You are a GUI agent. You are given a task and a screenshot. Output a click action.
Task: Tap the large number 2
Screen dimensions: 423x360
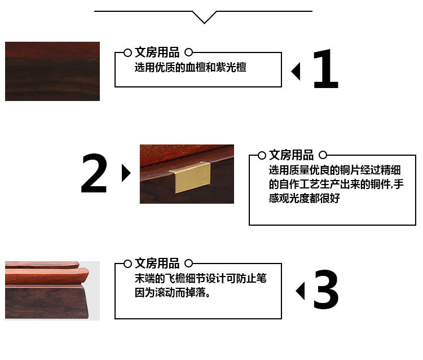(x=94, y=173)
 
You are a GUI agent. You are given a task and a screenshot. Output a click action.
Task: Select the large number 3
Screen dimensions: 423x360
(x=326, y=289)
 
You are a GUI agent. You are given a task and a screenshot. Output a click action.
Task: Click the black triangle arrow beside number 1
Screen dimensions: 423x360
(x=296, y=72)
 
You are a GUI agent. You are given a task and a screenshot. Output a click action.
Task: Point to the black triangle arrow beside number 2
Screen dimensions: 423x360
(x=126, y=173)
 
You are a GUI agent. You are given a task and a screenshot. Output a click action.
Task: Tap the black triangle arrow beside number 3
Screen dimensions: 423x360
(x=301, y=291)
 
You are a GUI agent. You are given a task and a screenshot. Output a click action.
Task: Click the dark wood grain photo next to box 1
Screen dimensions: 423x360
(x=52, y=71)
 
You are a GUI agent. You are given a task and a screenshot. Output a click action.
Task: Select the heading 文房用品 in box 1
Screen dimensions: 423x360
(x=157, y=52)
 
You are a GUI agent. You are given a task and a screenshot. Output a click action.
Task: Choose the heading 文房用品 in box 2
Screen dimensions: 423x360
(x=292, y=155)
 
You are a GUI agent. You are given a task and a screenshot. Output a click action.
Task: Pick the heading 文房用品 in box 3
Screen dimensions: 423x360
(x=157, y=264)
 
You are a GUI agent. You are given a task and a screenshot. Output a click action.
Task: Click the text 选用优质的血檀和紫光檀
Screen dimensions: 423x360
(x=191, y=67)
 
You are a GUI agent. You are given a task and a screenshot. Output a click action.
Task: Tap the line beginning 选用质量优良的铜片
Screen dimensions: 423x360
(x=335, y=170)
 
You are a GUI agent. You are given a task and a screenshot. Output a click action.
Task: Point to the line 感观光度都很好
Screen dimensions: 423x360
(x=305, y=199)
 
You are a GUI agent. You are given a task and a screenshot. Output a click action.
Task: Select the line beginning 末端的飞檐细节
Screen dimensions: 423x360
(x=201, y=278)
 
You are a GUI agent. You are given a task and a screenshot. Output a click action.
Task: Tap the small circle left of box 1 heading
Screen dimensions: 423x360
(x=127, y=52)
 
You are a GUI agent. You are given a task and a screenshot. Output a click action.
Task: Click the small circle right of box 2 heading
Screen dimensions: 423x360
(x=323, y=155)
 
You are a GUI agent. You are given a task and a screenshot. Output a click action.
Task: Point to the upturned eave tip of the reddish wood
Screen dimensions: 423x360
(x=86, y=271)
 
